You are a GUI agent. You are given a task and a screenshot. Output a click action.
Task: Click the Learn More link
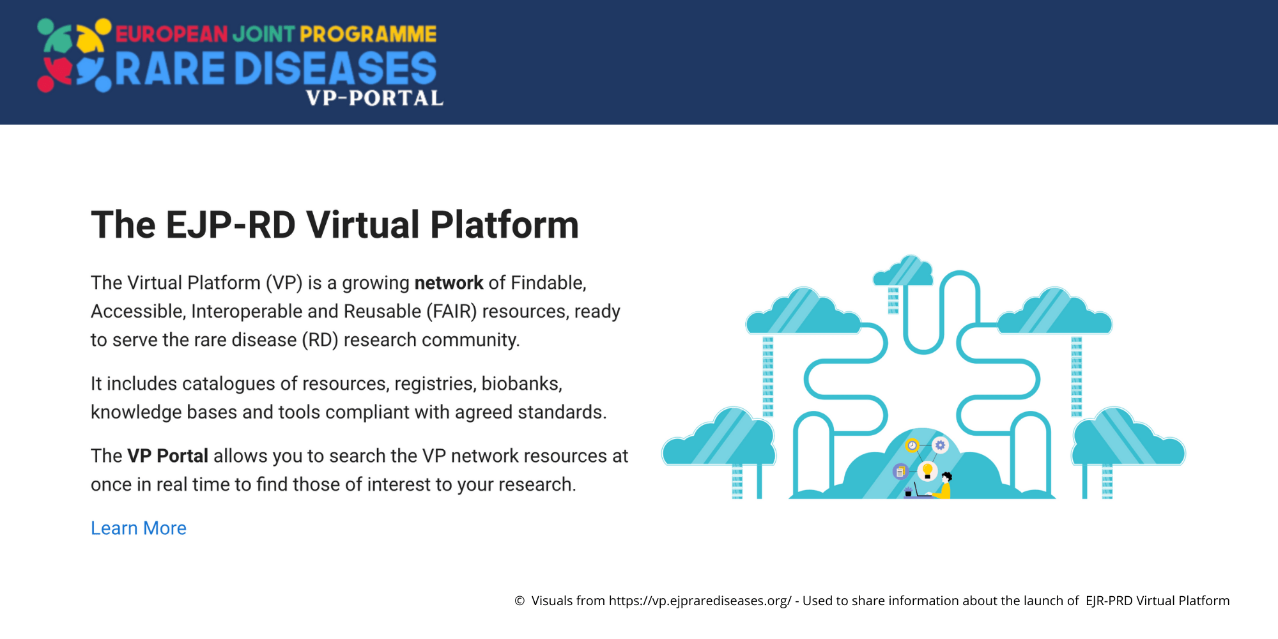pyautogui.click(x=139, y=528)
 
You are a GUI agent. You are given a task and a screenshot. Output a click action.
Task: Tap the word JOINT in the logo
pyautogui.click(x=264, y=34)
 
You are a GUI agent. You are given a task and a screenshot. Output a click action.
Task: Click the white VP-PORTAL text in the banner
pyautogui.click(x=374, y=98)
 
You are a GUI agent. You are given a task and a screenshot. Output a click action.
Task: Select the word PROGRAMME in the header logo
pyautogui.click(x=368, y=34)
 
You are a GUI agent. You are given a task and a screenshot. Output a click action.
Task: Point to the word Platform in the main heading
pyautogui.click(x=504, y=225)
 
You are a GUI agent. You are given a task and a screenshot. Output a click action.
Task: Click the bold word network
pyautogui.click(x=449, y=283)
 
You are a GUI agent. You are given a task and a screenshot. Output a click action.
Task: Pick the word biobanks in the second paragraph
pyautogui.click(x=521, y=383)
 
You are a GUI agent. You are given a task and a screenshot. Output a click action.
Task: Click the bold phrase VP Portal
pyautogui.click(x=167, y=456)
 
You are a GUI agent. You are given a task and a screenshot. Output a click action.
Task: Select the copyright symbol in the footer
pyautogui.click(x=520, y=601)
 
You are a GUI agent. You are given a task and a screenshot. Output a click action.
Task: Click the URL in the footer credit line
pyautogui.click(x=700, y=601)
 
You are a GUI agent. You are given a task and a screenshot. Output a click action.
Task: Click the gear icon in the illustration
pyautogui.click(x=940, y=445)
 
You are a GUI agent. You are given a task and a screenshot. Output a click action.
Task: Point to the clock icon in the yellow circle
pyautogui.click(x=912, y=445)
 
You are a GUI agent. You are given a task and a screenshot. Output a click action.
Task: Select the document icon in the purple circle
pyautogui.click(x=900, y=472)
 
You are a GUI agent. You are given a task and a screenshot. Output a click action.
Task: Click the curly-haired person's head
pyautogui.click(x=947, y=477)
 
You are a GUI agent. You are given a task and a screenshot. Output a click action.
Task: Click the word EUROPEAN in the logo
pyautogui.click(x=171, y=34)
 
